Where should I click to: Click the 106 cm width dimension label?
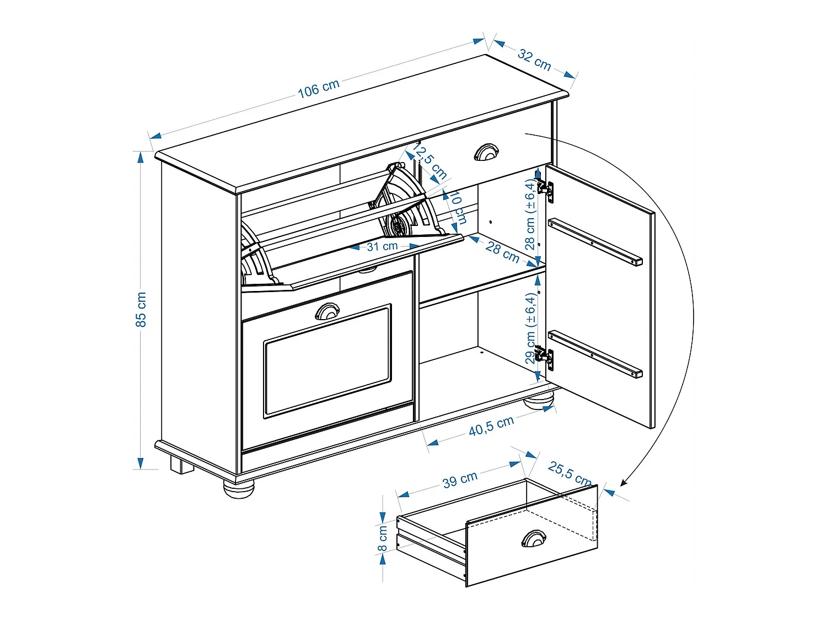tap(319, 88)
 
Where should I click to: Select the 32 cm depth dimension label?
tap(534, 60)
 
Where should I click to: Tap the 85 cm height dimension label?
tap(141, 309)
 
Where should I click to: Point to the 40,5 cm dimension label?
tap(491, 426)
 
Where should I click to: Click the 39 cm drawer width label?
tap(460, 479)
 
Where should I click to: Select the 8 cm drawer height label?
tap(383, 538)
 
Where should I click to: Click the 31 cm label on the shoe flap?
tap(382, 246)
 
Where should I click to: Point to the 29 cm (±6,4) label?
tap(530, 328)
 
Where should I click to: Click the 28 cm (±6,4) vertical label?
tap(530, 214)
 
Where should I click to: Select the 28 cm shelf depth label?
tap(502, 252)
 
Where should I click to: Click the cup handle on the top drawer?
tap(486, 152)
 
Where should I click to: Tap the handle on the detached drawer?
tap(534, 538)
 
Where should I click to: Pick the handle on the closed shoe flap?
tap(327, 311)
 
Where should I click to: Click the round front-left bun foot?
tap(239, 488)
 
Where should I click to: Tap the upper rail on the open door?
tap(595, 242)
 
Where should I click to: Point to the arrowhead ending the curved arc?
tap(623, 483)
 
